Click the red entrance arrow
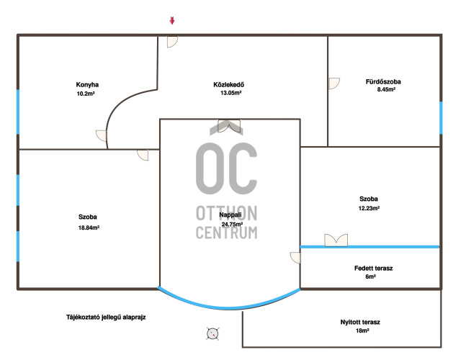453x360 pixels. point(172,20)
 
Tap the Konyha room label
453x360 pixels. point(87,85)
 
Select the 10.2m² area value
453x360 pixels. point(86,94)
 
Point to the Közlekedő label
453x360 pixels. point(229,85)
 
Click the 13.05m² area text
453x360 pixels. point(231,93)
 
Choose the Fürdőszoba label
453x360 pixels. point(383,81)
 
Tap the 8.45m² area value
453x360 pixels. point(386,89)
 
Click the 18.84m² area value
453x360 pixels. point(89,228)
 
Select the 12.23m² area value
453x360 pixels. point(369,208)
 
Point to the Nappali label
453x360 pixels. point(230,215)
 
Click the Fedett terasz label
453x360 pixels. point(374,268)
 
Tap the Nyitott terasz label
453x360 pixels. point(360,322)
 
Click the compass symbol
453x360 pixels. point(212,333)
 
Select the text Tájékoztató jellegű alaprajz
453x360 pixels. point(106,318)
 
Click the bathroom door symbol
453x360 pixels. point(334,84)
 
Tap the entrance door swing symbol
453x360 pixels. point(172,42)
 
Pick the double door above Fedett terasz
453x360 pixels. point(336,240)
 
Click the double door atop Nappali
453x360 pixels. point(229,126)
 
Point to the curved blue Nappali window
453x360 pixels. point(229,307)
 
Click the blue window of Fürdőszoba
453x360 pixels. point(441,117)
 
